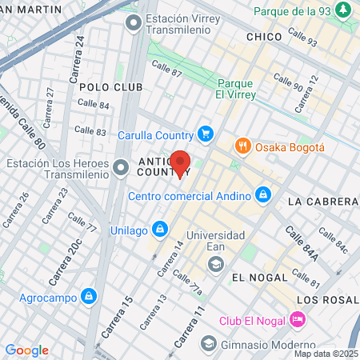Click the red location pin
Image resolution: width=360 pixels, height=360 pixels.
[180, 162]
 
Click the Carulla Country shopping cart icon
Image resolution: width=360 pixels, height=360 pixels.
[206, 134]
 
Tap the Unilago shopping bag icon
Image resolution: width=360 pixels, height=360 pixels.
[161, 229]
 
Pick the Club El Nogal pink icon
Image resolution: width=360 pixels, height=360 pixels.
[297, 320]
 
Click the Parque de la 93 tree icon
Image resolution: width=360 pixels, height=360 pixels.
[343, 11]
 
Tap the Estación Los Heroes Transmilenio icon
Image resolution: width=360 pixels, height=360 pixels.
[121, 168]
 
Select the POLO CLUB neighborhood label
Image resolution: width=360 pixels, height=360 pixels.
[111, 86]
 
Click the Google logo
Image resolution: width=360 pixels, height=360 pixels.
[26, 350]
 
